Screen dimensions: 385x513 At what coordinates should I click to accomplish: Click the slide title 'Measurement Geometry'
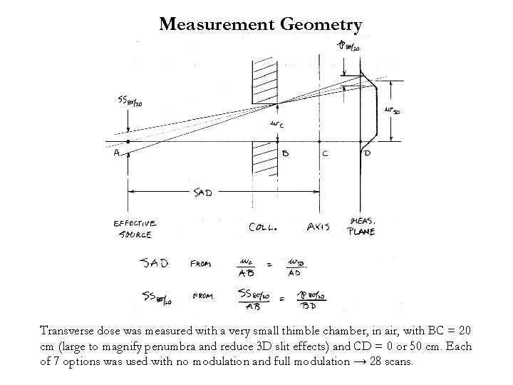point(261,24)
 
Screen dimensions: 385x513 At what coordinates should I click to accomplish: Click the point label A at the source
point(115,153)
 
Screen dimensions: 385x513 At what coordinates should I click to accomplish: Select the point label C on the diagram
point(325,153)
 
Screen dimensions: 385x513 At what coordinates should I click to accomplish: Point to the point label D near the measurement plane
point(367,153)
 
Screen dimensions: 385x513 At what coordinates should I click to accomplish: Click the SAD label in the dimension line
point(203,192)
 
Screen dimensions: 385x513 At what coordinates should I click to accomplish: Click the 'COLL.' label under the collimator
point(263,227)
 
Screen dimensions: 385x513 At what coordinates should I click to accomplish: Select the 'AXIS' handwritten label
point(318,227)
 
